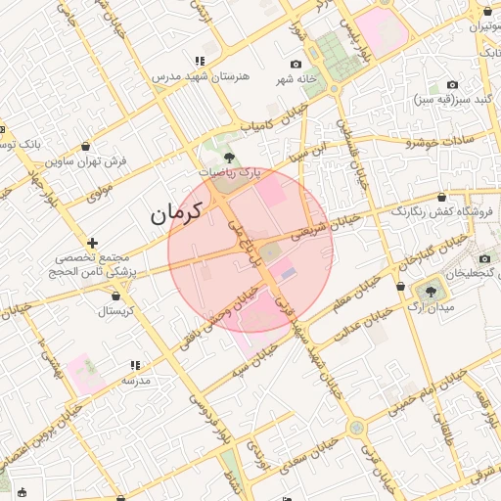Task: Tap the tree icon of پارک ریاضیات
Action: tap(229, 157)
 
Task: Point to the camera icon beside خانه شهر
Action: tap(296, 64)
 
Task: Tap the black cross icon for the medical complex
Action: tap(92, 242)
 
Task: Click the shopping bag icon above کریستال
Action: tap(119, 294)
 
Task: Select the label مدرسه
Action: tap(135, 380)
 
